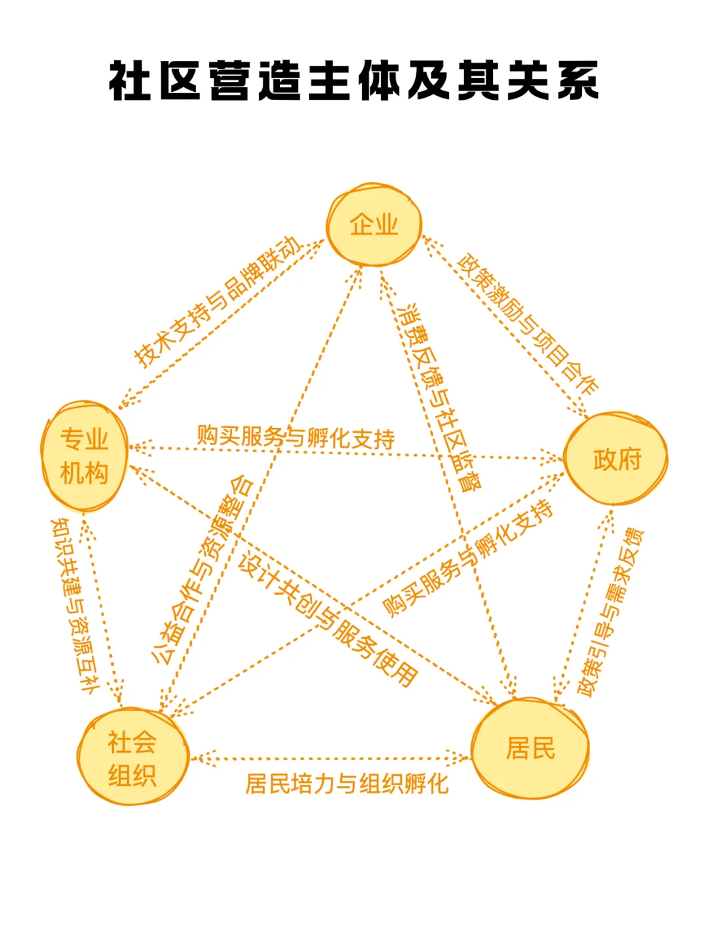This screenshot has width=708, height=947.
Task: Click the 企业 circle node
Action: tap(374, 225)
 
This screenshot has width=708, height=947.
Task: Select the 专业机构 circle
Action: tap(84, 456)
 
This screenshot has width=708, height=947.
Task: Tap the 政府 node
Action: tap(616, 459)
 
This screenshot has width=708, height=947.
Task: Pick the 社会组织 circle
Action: tap(132, 757)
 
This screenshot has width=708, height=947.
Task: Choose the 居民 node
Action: tap(530, 748)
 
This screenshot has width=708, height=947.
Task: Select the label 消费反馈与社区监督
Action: tap(439, 398)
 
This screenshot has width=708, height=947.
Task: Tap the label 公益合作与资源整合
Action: tap(202, 569)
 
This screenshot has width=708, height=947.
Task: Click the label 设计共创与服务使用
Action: tap(328, 620)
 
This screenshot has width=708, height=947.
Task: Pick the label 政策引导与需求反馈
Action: tap(610, 611)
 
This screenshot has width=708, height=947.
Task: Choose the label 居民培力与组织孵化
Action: tap(347, 784)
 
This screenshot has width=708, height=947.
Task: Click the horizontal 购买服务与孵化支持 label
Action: tap(296, 437)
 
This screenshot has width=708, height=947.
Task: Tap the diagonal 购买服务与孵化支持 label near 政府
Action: tap(467, 558)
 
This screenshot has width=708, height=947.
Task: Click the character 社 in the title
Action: tap(130, 81)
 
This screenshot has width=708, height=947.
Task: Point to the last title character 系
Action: tap(578, 81)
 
